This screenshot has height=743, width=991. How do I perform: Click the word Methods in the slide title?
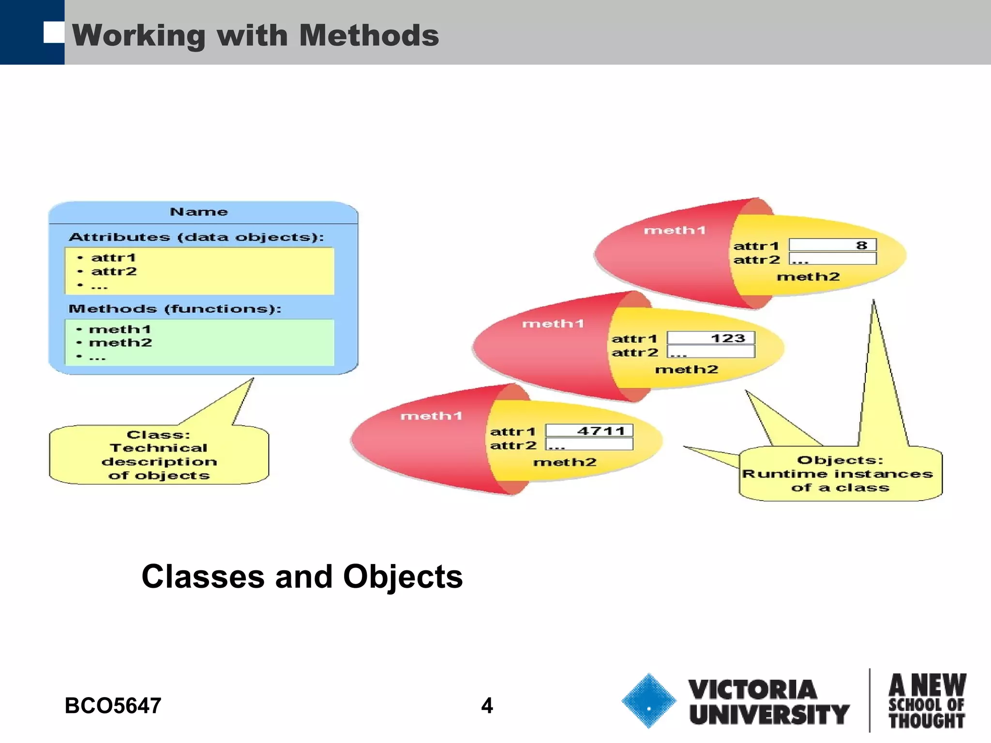click(369, 35)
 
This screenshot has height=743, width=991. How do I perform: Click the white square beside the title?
click(53, 32)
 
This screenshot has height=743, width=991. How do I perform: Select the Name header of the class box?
click(199, 212)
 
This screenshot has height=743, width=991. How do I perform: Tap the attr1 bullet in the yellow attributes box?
click(113, 257)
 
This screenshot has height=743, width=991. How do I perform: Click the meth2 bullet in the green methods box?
click(120, 342)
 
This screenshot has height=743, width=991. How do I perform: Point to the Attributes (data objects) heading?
click(196, 237)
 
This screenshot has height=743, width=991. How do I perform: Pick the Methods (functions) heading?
click(175, 309)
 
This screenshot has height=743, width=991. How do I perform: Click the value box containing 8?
click(832, 245)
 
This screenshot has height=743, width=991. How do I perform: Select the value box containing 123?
click(710, 338)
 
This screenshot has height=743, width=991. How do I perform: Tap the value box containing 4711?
click(589, 431)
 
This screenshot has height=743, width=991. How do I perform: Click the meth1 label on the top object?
click(675, 230)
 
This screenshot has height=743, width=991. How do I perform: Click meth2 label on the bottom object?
click(565, 462)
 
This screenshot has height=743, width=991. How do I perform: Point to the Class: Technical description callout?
click(159, 455)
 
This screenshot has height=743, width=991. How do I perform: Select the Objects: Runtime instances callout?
click(840, 474)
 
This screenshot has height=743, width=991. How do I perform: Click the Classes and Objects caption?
click(302, 577)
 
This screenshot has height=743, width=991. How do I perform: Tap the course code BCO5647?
click(113, 705)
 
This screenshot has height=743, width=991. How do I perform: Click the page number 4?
click(487, 705)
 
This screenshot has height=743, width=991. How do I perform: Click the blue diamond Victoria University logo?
click(648, 701)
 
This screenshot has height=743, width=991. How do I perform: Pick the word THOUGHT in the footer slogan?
click(926, 721)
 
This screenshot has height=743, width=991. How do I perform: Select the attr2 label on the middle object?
click(634, 352)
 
